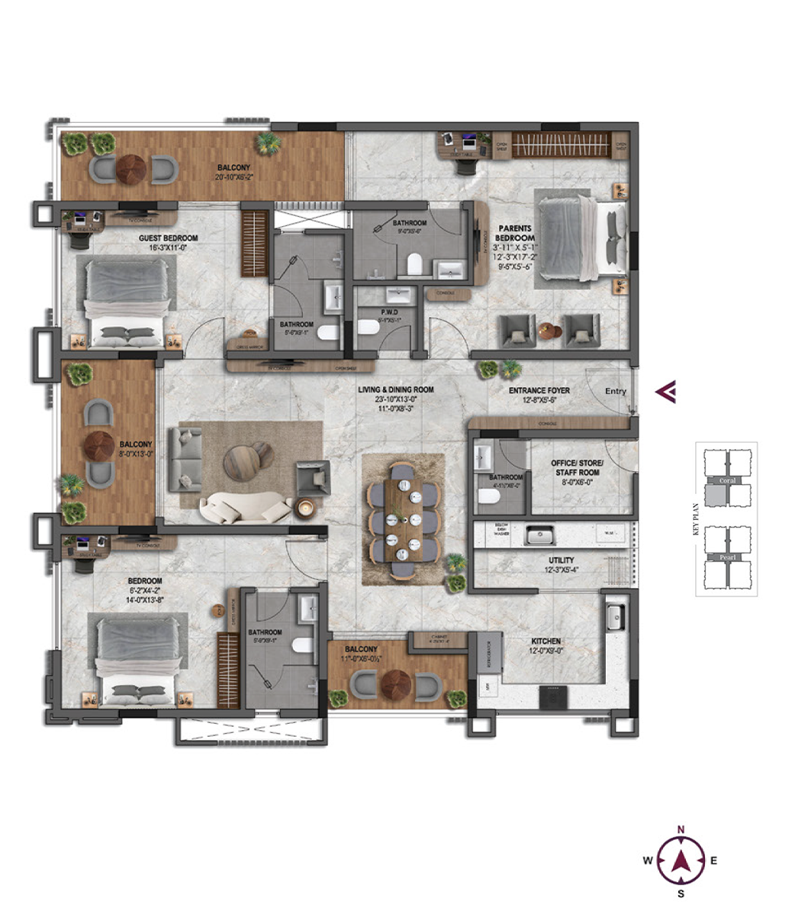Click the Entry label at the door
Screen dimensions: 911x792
(615, 391)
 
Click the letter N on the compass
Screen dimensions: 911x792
(681, 829)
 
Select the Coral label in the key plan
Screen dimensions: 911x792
(727, 480)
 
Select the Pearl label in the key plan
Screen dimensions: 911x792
(727, 557)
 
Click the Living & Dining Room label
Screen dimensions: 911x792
(396, 389)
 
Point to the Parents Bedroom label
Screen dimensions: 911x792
(516, 233)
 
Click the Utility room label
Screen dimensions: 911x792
(561, 560)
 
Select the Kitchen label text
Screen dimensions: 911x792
(546, 641)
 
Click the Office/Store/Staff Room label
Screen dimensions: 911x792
(577, 468)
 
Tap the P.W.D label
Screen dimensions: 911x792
(391, 312)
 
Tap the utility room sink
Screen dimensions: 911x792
(542, 534)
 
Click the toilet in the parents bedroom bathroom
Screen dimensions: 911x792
(414, 264)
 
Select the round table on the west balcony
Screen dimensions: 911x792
(100, 444)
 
